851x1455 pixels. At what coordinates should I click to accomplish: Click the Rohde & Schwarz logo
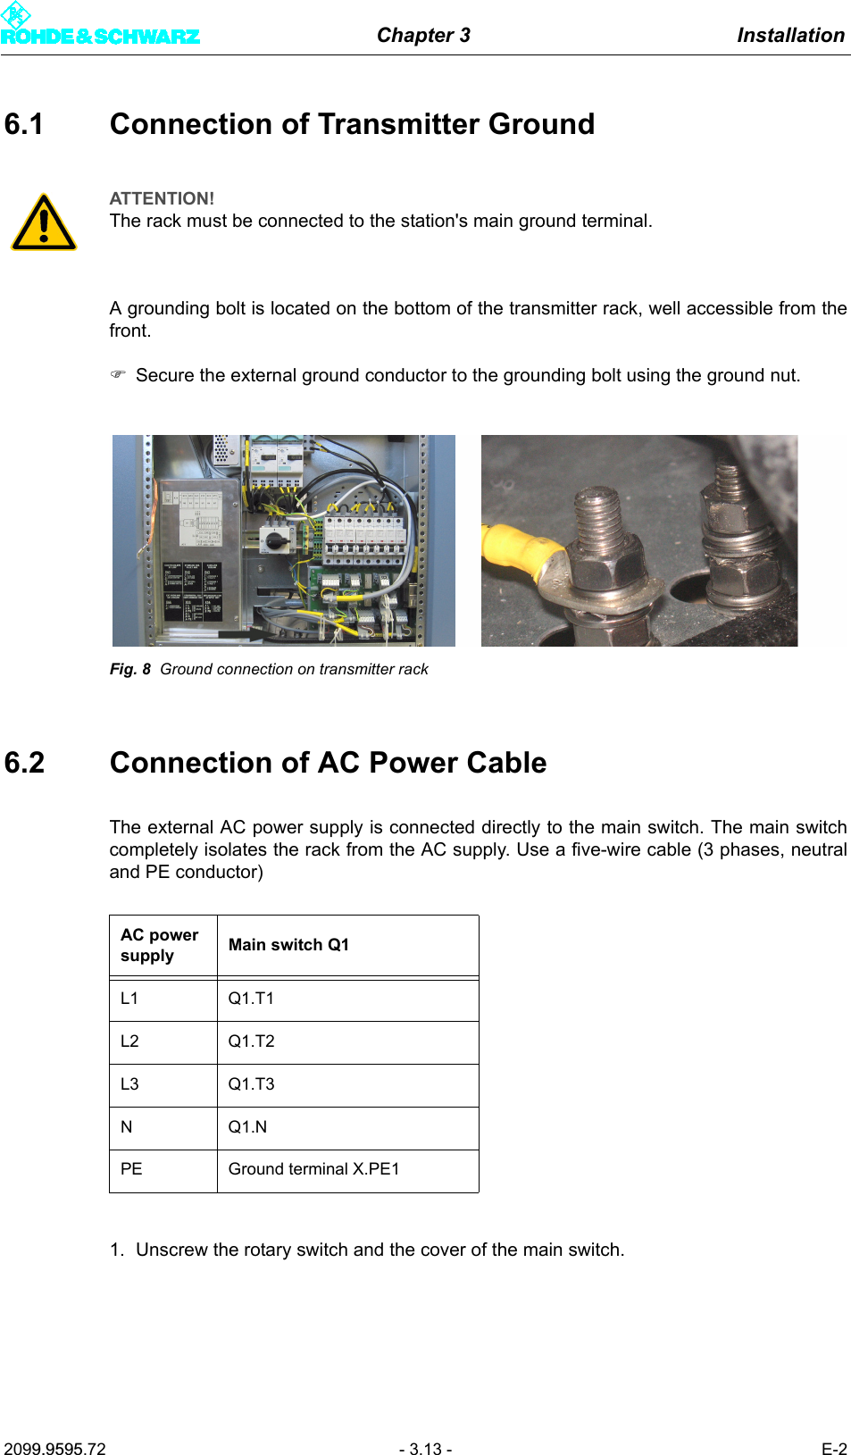[x=99, y=27]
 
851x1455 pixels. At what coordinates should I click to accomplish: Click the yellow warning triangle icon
[x=44, y=222]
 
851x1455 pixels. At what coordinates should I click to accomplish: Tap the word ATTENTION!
[x=162, y=198]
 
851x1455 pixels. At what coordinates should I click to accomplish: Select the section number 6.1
[x=24, y=124]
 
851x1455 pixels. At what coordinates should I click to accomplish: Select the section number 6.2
[x=24, y=763]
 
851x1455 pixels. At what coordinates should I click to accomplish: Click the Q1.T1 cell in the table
[x=251, y=999]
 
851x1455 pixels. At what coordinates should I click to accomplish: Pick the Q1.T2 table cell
[x=251, y=1041]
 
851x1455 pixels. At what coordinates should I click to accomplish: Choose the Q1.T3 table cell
[x=251, y=1084]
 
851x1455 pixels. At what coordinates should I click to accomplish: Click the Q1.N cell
[x=247, y=1127]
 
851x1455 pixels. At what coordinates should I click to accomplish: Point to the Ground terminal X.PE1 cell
[x=313, y=1169]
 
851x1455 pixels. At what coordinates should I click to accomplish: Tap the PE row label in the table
[x=131, y=1169]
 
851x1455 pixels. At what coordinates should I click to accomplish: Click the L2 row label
[x=129, y=1041]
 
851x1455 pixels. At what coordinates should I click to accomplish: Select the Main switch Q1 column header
[x=288, y=945]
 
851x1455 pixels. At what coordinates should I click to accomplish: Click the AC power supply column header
[x=160, y=945]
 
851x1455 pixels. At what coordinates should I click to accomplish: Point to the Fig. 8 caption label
[x=130, y=669]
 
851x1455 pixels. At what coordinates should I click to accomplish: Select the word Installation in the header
[x=790, y=35]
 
